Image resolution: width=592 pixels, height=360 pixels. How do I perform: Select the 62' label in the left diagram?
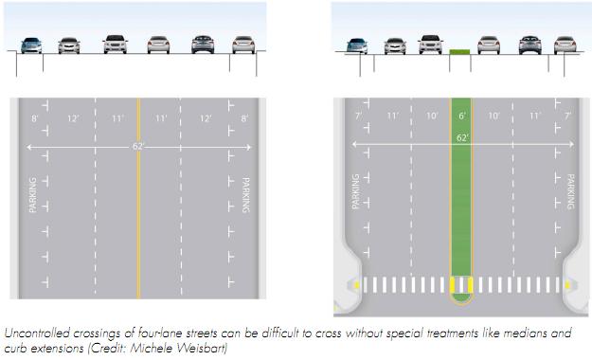point(138,147)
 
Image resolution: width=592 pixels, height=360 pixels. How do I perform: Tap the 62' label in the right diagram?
point(463,137)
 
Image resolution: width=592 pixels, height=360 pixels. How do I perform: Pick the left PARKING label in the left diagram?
point(34,194)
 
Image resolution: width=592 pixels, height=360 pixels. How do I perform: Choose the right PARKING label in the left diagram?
point(244,194)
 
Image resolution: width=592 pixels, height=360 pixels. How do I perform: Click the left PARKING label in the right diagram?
point(357,190)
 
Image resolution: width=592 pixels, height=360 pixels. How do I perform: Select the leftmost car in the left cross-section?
point(31,45)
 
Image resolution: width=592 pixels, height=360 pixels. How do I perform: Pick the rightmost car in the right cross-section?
point(565,45)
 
